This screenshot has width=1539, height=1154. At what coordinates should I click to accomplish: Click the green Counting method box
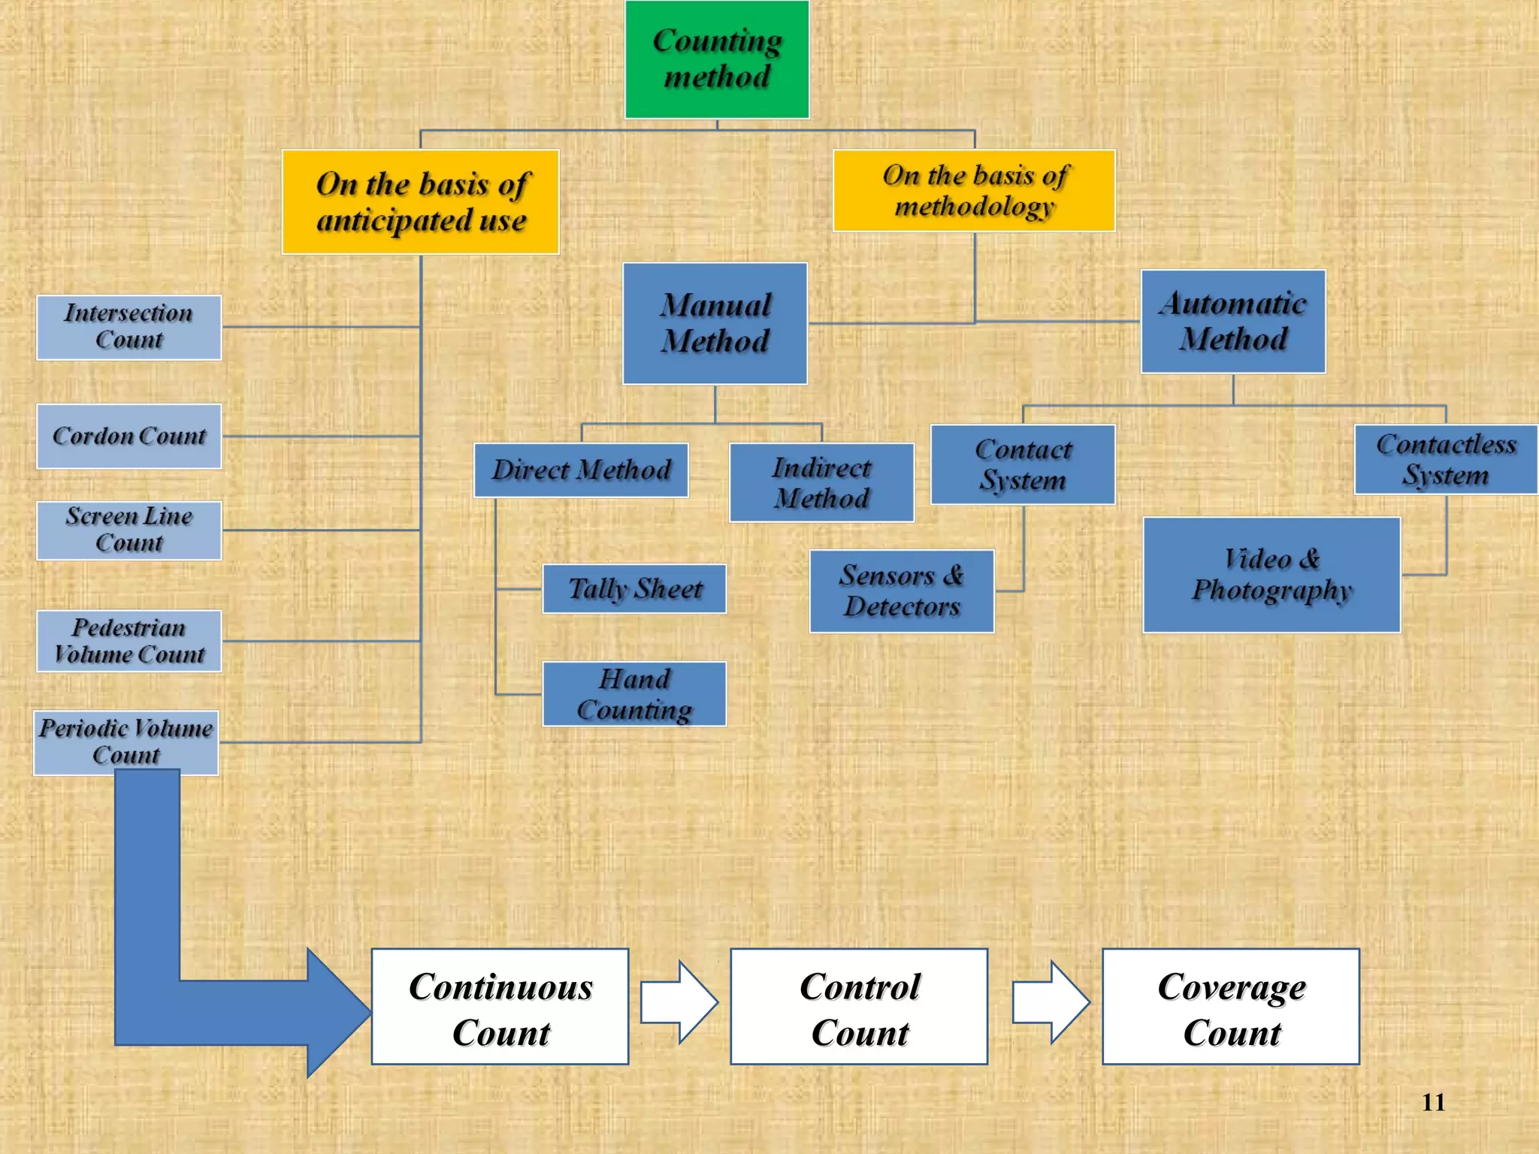point(717,59)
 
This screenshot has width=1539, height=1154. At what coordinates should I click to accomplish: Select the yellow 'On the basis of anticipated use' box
point(421,202)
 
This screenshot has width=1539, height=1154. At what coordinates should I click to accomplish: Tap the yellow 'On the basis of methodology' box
point(974,191)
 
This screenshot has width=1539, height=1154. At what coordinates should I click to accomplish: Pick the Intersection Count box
point(129,328)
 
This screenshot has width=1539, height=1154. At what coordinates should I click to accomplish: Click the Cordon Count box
point(129,437)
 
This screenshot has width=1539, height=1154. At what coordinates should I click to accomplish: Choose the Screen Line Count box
point(129,530)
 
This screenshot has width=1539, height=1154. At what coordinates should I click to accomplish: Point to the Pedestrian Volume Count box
point(129,641)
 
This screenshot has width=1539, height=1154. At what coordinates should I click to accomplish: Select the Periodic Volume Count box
point(126,742)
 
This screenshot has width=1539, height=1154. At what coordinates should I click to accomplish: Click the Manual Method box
point(715,323)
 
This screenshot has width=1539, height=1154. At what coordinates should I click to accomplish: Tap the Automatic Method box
point(1233,322)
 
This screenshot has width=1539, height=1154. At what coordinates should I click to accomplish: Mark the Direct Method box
point(581,470)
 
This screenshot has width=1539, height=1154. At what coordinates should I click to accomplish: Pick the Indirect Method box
point(821,482)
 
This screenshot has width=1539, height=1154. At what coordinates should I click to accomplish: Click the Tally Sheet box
point(634,589)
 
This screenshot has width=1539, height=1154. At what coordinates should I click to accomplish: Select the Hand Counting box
point(634,694)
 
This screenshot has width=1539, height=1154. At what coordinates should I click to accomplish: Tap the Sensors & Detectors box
point(902,591)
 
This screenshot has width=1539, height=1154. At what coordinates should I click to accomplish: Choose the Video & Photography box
point(1271,575)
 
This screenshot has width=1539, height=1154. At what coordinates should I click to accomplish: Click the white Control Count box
point(859,1007)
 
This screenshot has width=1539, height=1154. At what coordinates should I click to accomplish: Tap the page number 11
point(1433,1102)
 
